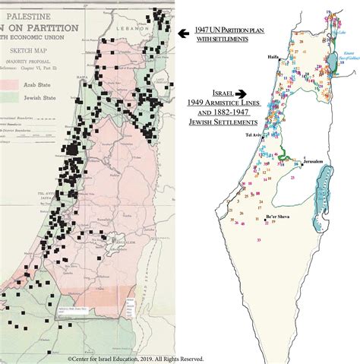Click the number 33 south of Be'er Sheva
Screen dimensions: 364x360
(259, 239)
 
